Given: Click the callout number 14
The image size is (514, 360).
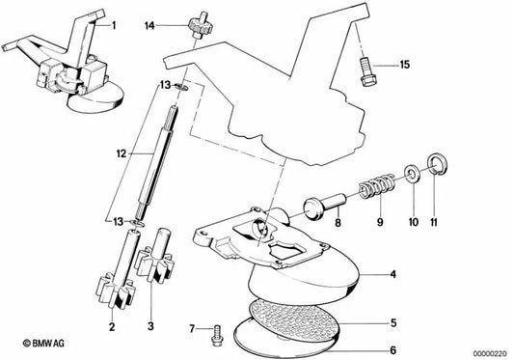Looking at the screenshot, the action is [x=149, y=26].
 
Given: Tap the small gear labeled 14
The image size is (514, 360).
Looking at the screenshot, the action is [x=197, y=26].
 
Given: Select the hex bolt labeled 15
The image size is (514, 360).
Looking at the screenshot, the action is [x=366, y=71].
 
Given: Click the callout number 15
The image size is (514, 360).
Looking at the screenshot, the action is [x=405, y=65].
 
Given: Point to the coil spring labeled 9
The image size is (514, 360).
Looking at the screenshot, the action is [x=377, y=187].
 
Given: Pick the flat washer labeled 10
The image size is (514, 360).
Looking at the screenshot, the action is [x=411, y=173].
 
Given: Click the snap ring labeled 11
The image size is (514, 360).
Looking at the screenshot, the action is [x=437, y=163].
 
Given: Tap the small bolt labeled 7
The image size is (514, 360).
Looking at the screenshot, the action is [x=217, y=335].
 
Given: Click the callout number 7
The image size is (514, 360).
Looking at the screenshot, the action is [x=192, y=328].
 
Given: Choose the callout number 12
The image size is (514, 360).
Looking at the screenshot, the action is [x=122, y=153].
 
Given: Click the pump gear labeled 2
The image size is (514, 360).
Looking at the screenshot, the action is [x=116, y=269].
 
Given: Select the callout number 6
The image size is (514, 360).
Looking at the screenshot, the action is [x=393, y=350].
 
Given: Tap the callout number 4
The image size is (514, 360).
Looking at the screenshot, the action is [x=393, y=274].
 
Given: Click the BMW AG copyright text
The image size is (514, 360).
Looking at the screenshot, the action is [x=43, y=344].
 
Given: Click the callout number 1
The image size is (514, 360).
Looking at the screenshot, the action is [x=114, y=25].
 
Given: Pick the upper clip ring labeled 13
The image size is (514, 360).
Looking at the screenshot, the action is [x=180, y=87].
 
